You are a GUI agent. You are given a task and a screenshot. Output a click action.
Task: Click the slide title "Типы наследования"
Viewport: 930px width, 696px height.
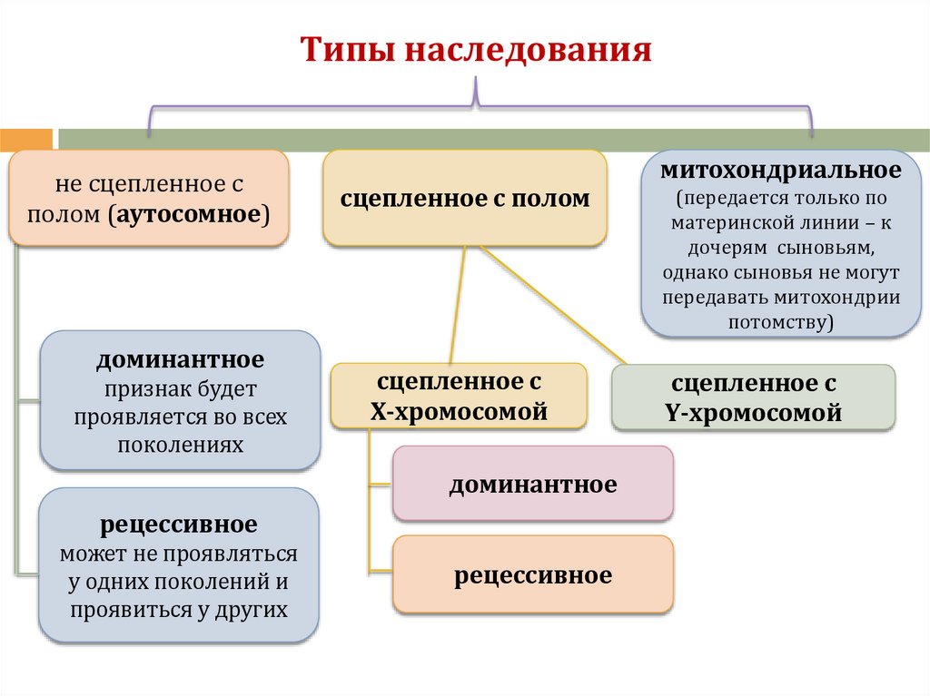pyautogui.click(x=476, y=51)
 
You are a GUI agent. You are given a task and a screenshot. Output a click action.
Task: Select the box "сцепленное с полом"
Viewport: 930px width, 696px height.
pyautogui.click(x=464, y=198)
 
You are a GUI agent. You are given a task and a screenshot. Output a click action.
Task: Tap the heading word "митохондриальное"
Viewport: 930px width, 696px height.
pyautogui.click(x=780, y=170)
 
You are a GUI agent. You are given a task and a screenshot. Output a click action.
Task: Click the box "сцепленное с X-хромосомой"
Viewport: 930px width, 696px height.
pyautogui.click(x=459, y=396)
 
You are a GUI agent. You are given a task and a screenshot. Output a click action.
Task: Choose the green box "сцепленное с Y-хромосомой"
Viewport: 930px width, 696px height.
pyautogui.click(x=753, y=397)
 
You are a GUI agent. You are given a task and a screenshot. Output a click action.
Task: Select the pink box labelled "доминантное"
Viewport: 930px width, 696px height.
pyautogui.click(x=532, y=485)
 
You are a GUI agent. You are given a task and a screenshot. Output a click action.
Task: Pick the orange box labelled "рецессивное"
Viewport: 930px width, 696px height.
pyautogui.click(x=532, y=575)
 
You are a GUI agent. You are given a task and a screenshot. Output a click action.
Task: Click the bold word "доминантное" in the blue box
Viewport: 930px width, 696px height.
pyautogui.click(x=181, y=359)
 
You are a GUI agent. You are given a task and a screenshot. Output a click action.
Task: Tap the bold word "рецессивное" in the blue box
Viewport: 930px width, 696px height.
pyautogui.click(x=179, y=524)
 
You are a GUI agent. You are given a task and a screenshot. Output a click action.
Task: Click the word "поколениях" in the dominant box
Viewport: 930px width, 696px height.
pyautogui.click(x=180, y=446)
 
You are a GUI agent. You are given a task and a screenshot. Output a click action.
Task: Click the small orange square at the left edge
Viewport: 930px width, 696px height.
pyautogui.click(x=25, y=140)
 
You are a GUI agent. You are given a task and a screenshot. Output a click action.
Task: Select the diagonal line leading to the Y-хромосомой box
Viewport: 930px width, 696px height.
pyautogui.click(x=554, y=306)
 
